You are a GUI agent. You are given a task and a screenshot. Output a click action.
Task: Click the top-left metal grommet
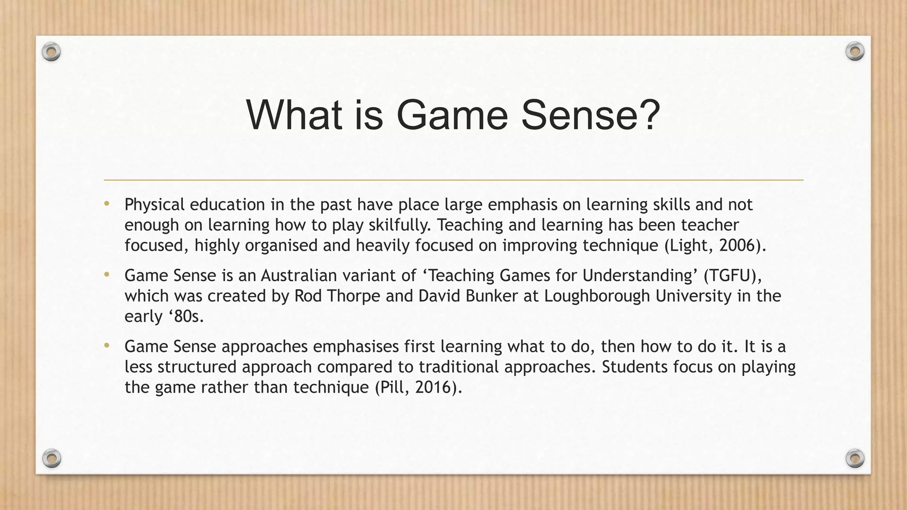coord(51,52)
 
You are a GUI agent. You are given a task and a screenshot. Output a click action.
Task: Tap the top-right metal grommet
coord(855,52)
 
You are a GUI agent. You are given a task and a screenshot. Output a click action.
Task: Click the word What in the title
coord(294,115)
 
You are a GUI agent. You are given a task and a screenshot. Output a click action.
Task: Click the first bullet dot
coord(106,204)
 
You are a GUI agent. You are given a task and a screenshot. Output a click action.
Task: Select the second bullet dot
coord(106,275)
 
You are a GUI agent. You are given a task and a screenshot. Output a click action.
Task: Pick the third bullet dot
coord(106,346)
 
